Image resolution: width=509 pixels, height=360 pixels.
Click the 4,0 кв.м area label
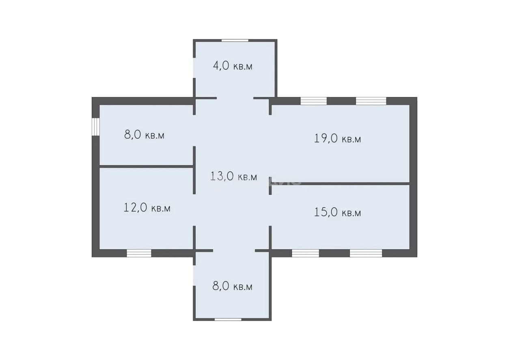pyautogui.click(x=233, y=66)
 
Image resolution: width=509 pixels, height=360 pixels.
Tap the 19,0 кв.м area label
pyautogui.click(x=337, y=138)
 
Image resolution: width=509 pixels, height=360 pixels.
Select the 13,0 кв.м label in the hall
pyautogui.click(x=233, y=177)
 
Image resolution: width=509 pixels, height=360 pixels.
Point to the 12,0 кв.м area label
pyautogui.click(x=147, y=208)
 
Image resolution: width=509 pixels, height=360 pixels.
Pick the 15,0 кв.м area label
pyautogui.click(x=337, y=213)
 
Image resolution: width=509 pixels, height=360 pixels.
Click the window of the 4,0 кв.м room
pyautogui.click(x=235, y=41)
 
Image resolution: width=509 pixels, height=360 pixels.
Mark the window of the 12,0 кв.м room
pyautogui.click(x=139, y=253)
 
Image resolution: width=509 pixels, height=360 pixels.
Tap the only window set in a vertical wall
pyautogui.click(x=96, y=127)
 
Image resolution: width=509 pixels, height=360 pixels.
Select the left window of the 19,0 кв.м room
pyautogui.click(x=314, y=101)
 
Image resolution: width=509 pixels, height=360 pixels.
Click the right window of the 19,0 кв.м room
pyautogui.click(x=371, y=101)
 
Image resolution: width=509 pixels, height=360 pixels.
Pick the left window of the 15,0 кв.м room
pyautogui.click(x=305, y=253)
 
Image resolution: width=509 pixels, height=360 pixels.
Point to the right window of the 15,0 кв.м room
pyautogui.click(x=366, y=253)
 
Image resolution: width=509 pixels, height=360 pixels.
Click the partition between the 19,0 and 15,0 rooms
pyautogui.click(x=341, y=183)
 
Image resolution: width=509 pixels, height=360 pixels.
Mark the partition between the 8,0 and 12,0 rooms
pyautogui.click(x=146, y=166)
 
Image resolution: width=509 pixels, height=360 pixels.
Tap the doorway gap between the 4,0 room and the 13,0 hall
pyautogui.click(x=235, y=98)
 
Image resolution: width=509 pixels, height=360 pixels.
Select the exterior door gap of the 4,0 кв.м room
pyautogui.click(x=194, y=68)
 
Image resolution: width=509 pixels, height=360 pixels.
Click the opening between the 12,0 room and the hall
pyautogui.click(x=194, y=210)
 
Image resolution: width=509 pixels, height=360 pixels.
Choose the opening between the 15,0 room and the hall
pyautogui.click(x=270, y=210)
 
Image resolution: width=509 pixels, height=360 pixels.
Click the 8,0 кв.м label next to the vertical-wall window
pyautogui.click(x=144, y=135)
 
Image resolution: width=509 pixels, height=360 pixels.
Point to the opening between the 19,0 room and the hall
pyautogui.click(x=270, y=146)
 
